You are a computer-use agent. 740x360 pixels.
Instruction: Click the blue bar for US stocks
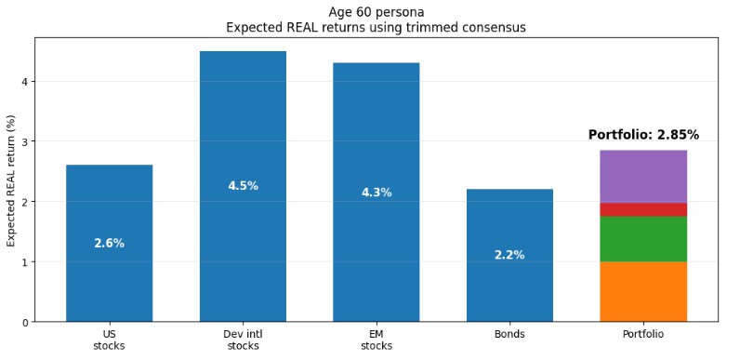coord(109,279)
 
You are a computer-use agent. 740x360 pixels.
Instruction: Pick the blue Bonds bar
coord(509,288)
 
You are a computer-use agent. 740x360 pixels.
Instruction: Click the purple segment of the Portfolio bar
coord(642,176)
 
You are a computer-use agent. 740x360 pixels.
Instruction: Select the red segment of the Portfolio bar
coord(642,209)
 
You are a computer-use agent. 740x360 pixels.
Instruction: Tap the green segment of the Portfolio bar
coord(642,239)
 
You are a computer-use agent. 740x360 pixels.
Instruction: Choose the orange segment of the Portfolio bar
coord(642,291)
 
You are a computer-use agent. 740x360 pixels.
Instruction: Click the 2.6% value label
coord(109,244)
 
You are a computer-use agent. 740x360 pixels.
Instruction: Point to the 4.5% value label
coord(243,186)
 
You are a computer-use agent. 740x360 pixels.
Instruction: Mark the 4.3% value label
coord(376,193)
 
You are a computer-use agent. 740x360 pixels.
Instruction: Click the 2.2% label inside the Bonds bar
coord(509,255)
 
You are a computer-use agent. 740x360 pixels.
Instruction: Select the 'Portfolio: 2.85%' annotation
coord(643,135)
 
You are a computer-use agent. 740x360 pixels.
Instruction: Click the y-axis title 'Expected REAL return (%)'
coord(12,180)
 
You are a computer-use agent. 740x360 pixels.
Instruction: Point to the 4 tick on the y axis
coord(25,82)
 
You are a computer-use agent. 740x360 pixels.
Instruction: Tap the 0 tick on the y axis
coord(25,322)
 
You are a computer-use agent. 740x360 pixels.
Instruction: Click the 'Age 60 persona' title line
coord(376,12)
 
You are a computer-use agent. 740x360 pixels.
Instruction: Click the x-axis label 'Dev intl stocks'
coord(243,340)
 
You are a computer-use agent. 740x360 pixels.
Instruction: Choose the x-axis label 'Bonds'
coord(509,334)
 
